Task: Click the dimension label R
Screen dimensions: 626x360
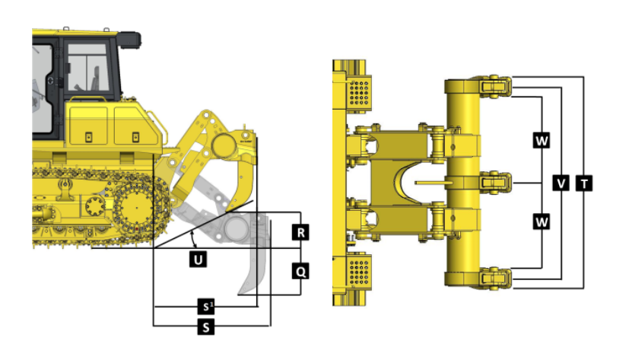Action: tap(300, 233)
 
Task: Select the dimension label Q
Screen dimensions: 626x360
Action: tap(300, 272)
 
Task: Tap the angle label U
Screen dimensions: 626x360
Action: tap(198, 260)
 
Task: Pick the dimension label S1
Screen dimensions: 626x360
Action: tap(206, 307)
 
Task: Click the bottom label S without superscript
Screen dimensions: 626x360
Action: tap(206, 327)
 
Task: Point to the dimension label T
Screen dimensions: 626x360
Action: tap(584, 183)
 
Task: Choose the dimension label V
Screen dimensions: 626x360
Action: tap(561, 183)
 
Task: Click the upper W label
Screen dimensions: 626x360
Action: tap(542, 141)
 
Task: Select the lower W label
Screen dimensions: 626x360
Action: tap(542, 221)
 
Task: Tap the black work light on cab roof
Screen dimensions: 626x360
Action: tap(129, 40)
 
